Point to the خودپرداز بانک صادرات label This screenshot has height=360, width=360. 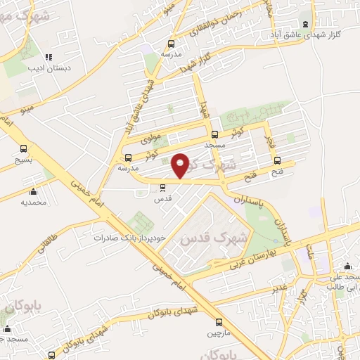132,238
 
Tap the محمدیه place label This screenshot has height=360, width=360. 33,202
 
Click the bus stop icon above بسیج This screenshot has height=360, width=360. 24,149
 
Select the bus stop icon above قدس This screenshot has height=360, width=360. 163,187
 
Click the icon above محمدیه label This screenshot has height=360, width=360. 33,191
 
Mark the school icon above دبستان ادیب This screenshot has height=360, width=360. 49,58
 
